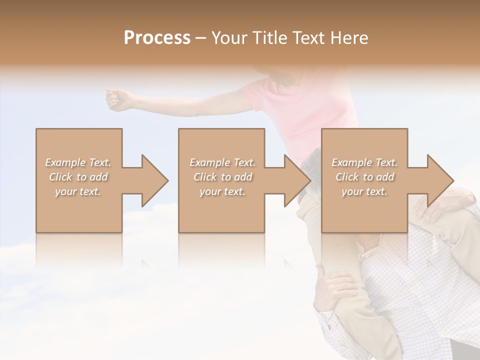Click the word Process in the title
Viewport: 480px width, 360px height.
pos(157,38)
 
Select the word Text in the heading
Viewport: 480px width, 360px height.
pos(309,38)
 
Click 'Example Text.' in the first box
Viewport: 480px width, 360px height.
pos(78,162)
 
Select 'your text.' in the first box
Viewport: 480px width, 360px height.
pos(78,191)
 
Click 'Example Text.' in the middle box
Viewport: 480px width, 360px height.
pos(222,162)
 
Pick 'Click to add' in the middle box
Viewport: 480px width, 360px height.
pos(222,177)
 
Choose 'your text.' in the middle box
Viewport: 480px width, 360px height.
pos(222,191)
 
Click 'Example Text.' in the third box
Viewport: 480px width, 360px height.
pos(364,162)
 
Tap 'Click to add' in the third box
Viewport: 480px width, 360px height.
pos(364,177)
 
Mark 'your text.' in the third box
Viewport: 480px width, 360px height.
pos(364,191)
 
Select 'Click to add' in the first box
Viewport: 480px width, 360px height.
pos(78,177)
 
